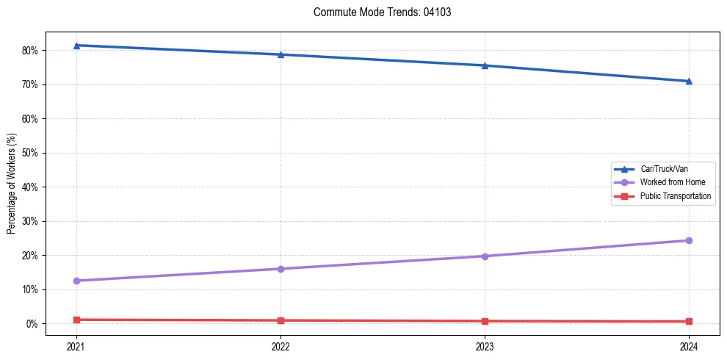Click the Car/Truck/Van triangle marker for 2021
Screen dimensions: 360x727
[x=76, y=46]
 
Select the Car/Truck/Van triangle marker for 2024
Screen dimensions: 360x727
[x=689, y=81]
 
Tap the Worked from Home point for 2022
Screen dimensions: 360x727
[x=281, y=269]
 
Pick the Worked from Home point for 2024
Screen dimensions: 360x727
[x=689, y=240]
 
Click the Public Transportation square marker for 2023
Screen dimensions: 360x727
[x=485, y=321]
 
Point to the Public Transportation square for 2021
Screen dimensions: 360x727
[x=76, y=320]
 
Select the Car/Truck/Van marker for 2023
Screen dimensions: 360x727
[x=485, y=65]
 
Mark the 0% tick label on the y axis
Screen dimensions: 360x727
[x=32, y=324]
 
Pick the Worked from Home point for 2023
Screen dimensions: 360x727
[x=485, y=256]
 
